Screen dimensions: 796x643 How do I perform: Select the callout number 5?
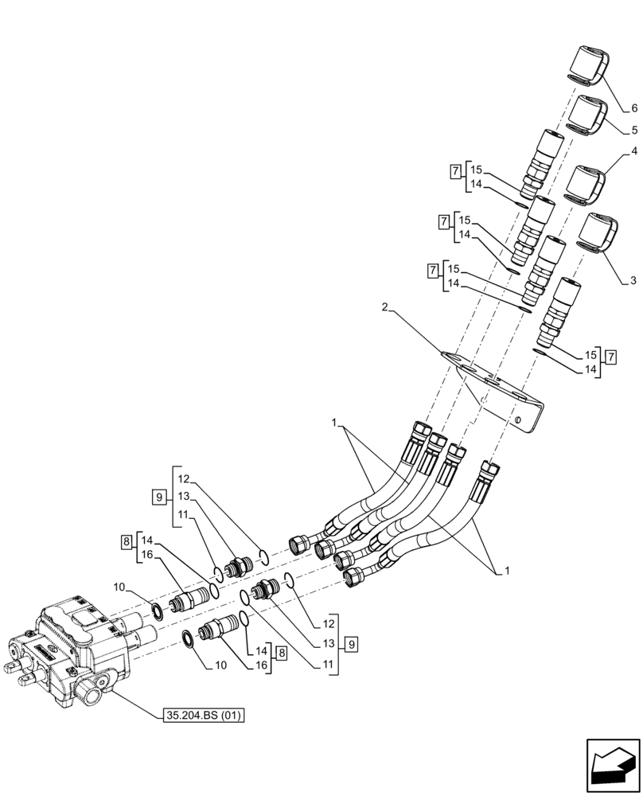pyautogui.click(x=634, y=130)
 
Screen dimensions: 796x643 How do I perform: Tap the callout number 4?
pyautogui.click(x=634, y=150)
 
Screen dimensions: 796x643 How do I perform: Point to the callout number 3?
pyautogui.click(x=633, y=280)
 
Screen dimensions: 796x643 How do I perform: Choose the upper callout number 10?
pyautogui.click(x=119, y=587)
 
